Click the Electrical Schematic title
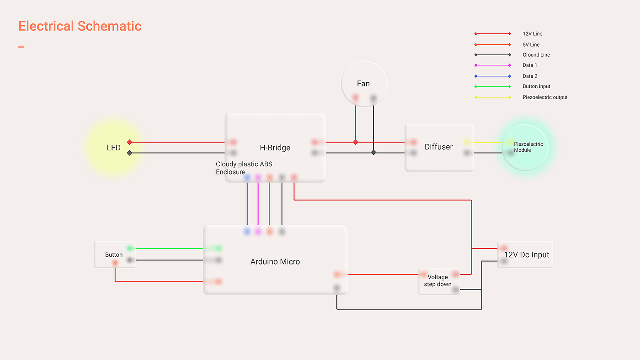pos(80,26)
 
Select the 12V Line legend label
pos(533,34)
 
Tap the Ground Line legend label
pos(536,55)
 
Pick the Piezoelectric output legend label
pos(545,97)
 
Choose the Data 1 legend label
pos(530,65)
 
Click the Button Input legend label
pos(536,86)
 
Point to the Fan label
pos(363,84)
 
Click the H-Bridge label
pos(275,148)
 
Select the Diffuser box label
pos(438,147)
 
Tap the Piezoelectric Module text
pos(528,147)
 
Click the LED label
pos(114,148)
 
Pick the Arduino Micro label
pos(275,262)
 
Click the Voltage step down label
pos(438,281)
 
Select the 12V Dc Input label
pos(527,255)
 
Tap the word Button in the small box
pos(114,255)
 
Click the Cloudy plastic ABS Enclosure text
pos(244,168)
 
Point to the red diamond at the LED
pos(129,142)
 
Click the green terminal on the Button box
pos(130,249)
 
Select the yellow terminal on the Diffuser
pos(467,142)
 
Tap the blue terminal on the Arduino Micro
pos(247,232)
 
